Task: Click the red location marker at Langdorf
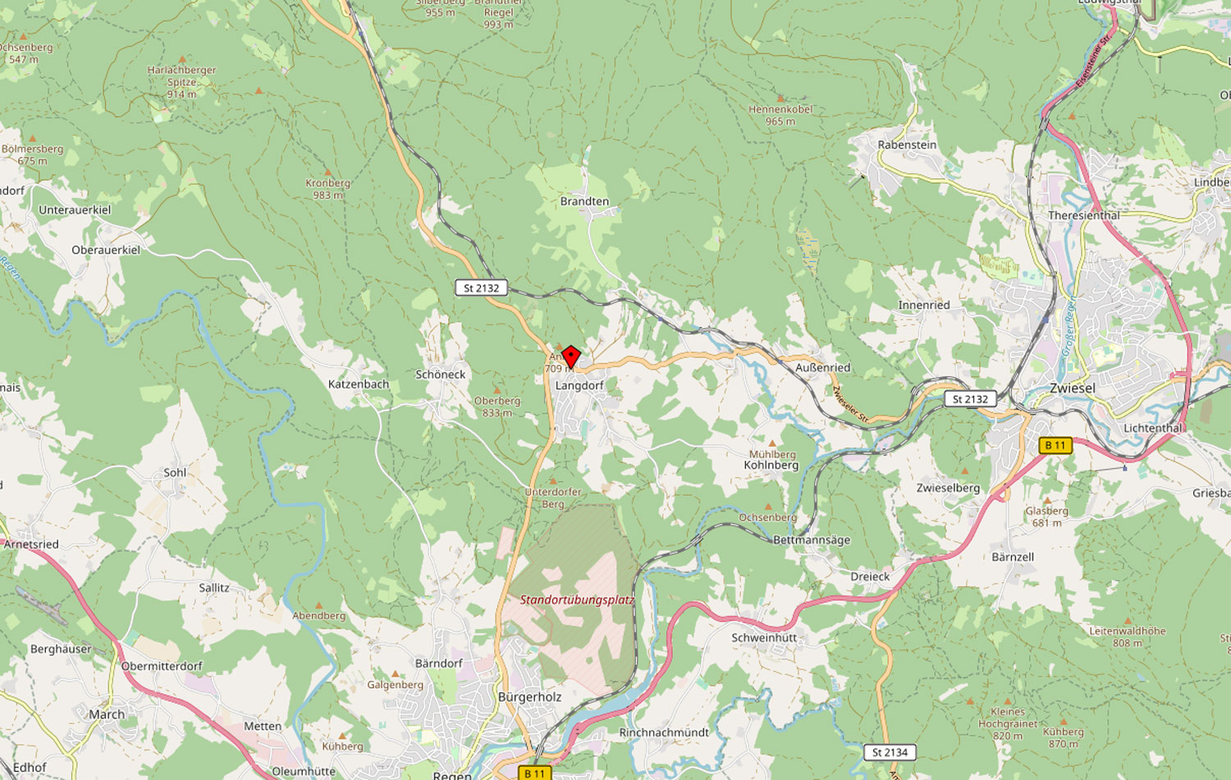point(570,356)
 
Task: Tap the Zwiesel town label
point(1072,388)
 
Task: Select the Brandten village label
point(584,201)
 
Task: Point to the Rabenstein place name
point(906,145)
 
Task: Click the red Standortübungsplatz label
point(577,599)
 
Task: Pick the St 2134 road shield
point(890,752)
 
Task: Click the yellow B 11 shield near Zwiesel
point(1055,445)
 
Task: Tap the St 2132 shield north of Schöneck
point(481,287)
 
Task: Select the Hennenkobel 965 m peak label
point(780,115)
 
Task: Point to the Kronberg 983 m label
point(327,189)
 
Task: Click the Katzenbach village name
point(359,383)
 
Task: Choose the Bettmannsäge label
point(812,539)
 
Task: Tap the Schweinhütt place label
point(764,637)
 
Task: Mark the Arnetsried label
point(31,544)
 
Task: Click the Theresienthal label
point(1083,215)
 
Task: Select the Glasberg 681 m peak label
point(1046,516)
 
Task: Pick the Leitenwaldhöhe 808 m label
point(1127,636)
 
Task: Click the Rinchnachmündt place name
point(664,732)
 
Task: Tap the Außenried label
point(822,367)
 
